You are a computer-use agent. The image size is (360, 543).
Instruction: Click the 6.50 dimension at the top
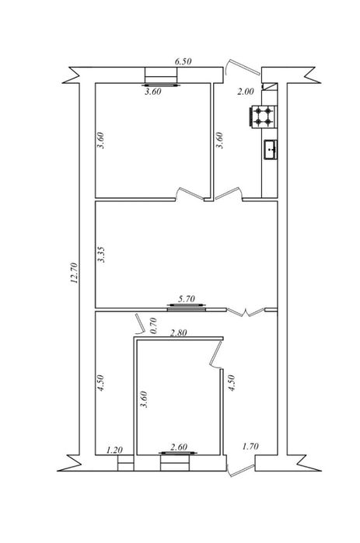183,61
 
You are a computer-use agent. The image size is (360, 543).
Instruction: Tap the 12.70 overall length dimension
74,273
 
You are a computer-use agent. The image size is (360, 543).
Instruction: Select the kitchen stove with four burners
263,117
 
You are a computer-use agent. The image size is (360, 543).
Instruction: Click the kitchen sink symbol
271,150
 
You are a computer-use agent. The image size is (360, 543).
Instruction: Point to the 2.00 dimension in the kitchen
245,92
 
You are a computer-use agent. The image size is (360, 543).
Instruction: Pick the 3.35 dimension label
101,255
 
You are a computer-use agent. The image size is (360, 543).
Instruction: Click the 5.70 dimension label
187,298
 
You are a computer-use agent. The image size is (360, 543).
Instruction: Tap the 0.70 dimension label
153,325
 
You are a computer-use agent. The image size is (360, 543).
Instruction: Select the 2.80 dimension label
178,332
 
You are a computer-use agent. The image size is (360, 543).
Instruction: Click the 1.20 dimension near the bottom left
114,451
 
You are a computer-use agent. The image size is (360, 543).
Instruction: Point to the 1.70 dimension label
250,447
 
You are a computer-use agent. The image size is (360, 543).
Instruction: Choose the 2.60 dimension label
179,447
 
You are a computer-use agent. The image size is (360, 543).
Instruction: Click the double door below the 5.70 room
246,312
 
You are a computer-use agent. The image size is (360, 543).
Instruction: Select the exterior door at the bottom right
241,470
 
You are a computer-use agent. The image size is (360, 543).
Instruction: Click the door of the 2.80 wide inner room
216,354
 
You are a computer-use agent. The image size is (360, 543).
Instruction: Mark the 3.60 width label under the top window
153,92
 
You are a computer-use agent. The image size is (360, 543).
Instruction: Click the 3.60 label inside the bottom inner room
143,399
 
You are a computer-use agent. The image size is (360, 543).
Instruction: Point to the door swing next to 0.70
140,324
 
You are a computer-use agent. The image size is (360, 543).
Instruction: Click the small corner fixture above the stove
270,86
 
